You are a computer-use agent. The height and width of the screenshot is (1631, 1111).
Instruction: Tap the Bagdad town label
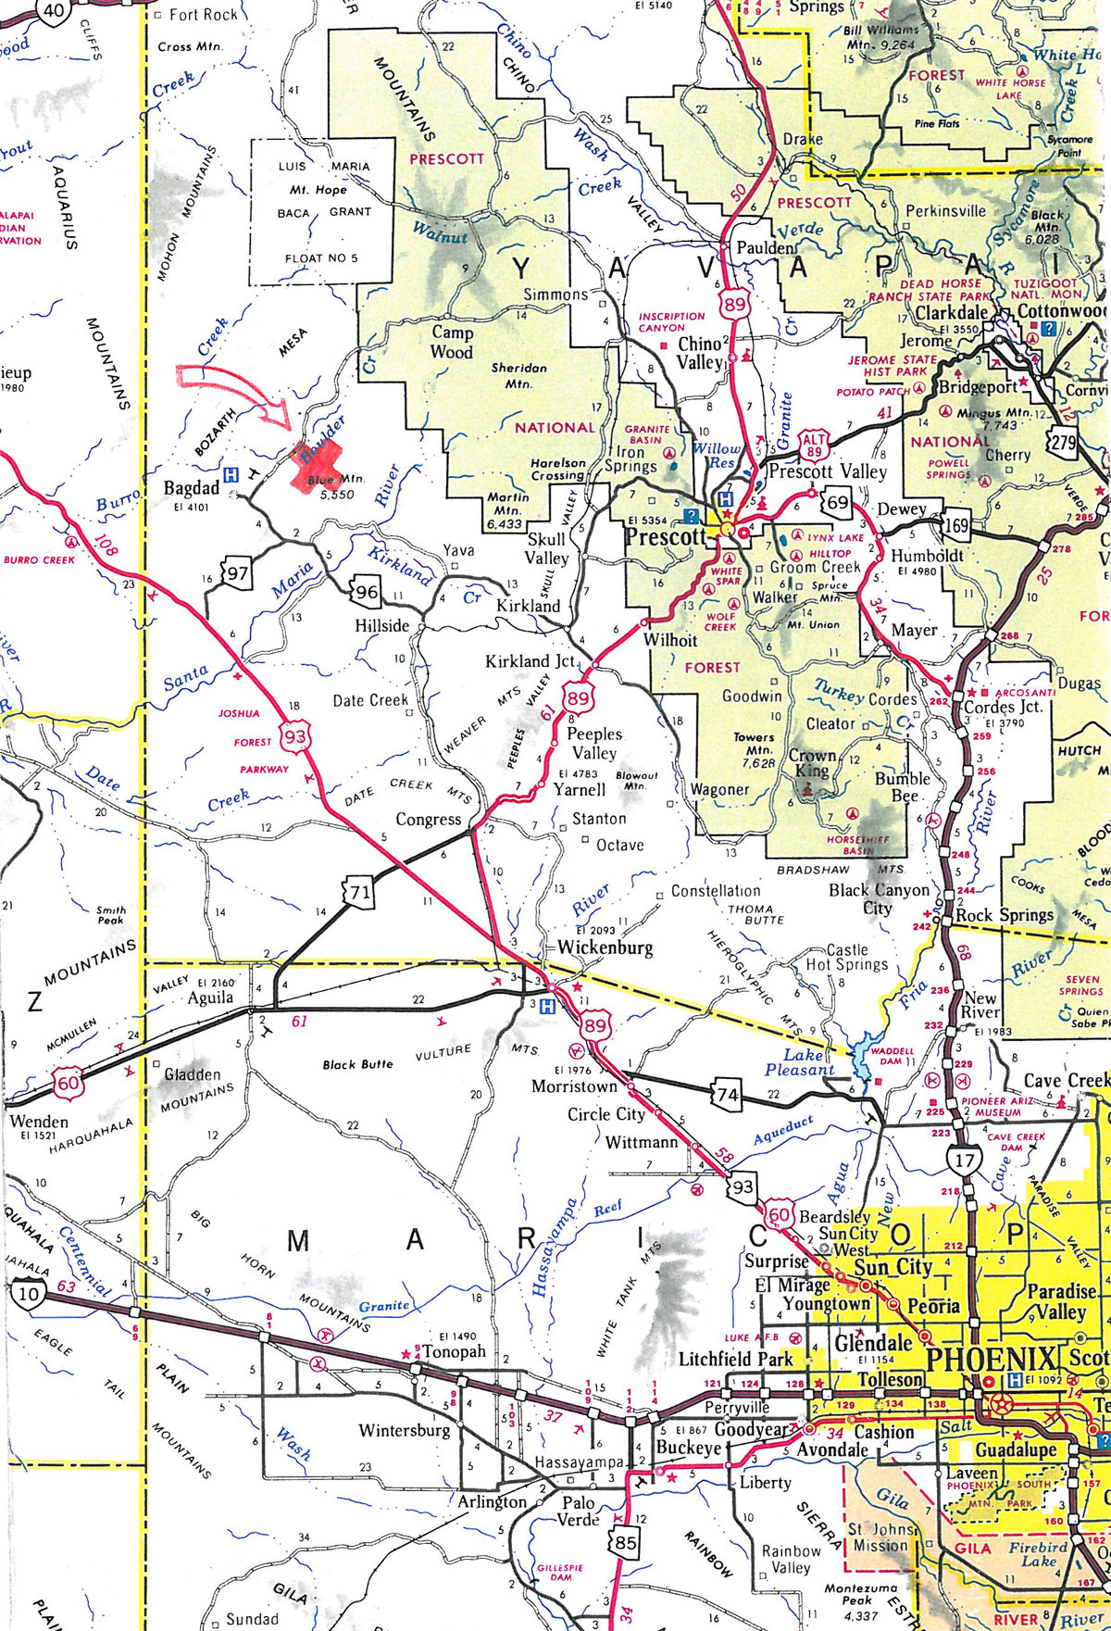click(192, 487)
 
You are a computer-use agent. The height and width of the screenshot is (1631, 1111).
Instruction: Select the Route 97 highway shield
click(238, 572)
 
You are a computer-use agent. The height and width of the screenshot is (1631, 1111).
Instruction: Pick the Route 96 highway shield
click(366, 591)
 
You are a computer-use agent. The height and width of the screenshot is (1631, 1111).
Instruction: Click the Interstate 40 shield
click(55, 12)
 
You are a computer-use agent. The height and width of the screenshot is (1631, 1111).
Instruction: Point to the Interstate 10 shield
click(28, 1294)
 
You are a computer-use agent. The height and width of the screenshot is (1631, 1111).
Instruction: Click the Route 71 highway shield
click(359, 893)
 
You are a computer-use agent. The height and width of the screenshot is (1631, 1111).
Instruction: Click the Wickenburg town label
click(605, 947)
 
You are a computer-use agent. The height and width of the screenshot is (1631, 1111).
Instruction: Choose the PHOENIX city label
click(991, 1360)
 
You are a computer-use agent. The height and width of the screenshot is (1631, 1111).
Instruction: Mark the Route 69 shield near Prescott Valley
click(837, 503)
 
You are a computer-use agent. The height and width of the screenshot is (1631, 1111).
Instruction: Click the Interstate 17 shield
click(964, 1159)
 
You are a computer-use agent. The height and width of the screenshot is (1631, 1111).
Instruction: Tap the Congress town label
click(428, 819)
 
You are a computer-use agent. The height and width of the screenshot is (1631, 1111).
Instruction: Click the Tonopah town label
click(454, 1351)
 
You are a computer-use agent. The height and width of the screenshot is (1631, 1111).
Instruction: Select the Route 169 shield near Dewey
click(956, 527)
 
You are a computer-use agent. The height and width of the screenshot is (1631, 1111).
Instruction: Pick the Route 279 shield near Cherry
click(1063, 442)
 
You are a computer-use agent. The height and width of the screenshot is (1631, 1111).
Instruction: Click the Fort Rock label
click(203, 14)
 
